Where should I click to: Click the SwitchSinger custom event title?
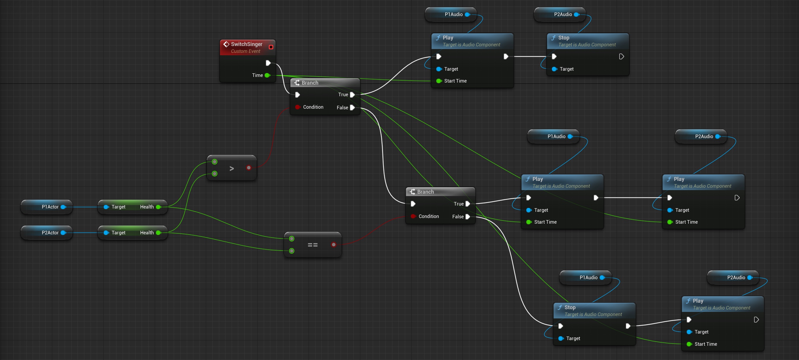(x=246, y=44)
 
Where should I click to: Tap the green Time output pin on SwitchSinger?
(x=267, y=75)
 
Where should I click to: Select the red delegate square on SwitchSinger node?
(x=271, y=47)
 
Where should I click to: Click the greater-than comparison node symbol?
(x=231, y=168)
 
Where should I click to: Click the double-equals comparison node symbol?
(x=312, y=245)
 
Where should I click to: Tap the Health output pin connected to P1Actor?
(x=159, y=207)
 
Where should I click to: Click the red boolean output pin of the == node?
(x=334, y=245)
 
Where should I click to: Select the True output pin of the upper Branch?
(x=352, y=94)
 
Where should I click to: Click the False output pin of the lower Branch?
(x=468, y=217)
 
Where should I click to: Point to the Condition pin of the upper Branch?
(x=297, y=107)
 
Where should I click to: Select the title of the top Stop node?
(x=563, y=38)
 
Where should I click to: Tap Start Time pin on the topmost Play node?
(x=439, y=81)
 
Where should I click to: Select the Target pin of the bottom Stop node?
(x=561, y=338)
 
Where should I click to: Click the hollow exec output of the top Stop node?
(x=621, y=56)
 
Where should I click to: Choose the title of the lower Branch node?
(x=425, y=192)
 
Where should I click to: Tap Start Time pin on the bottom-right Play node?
(x=689, y=344)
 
